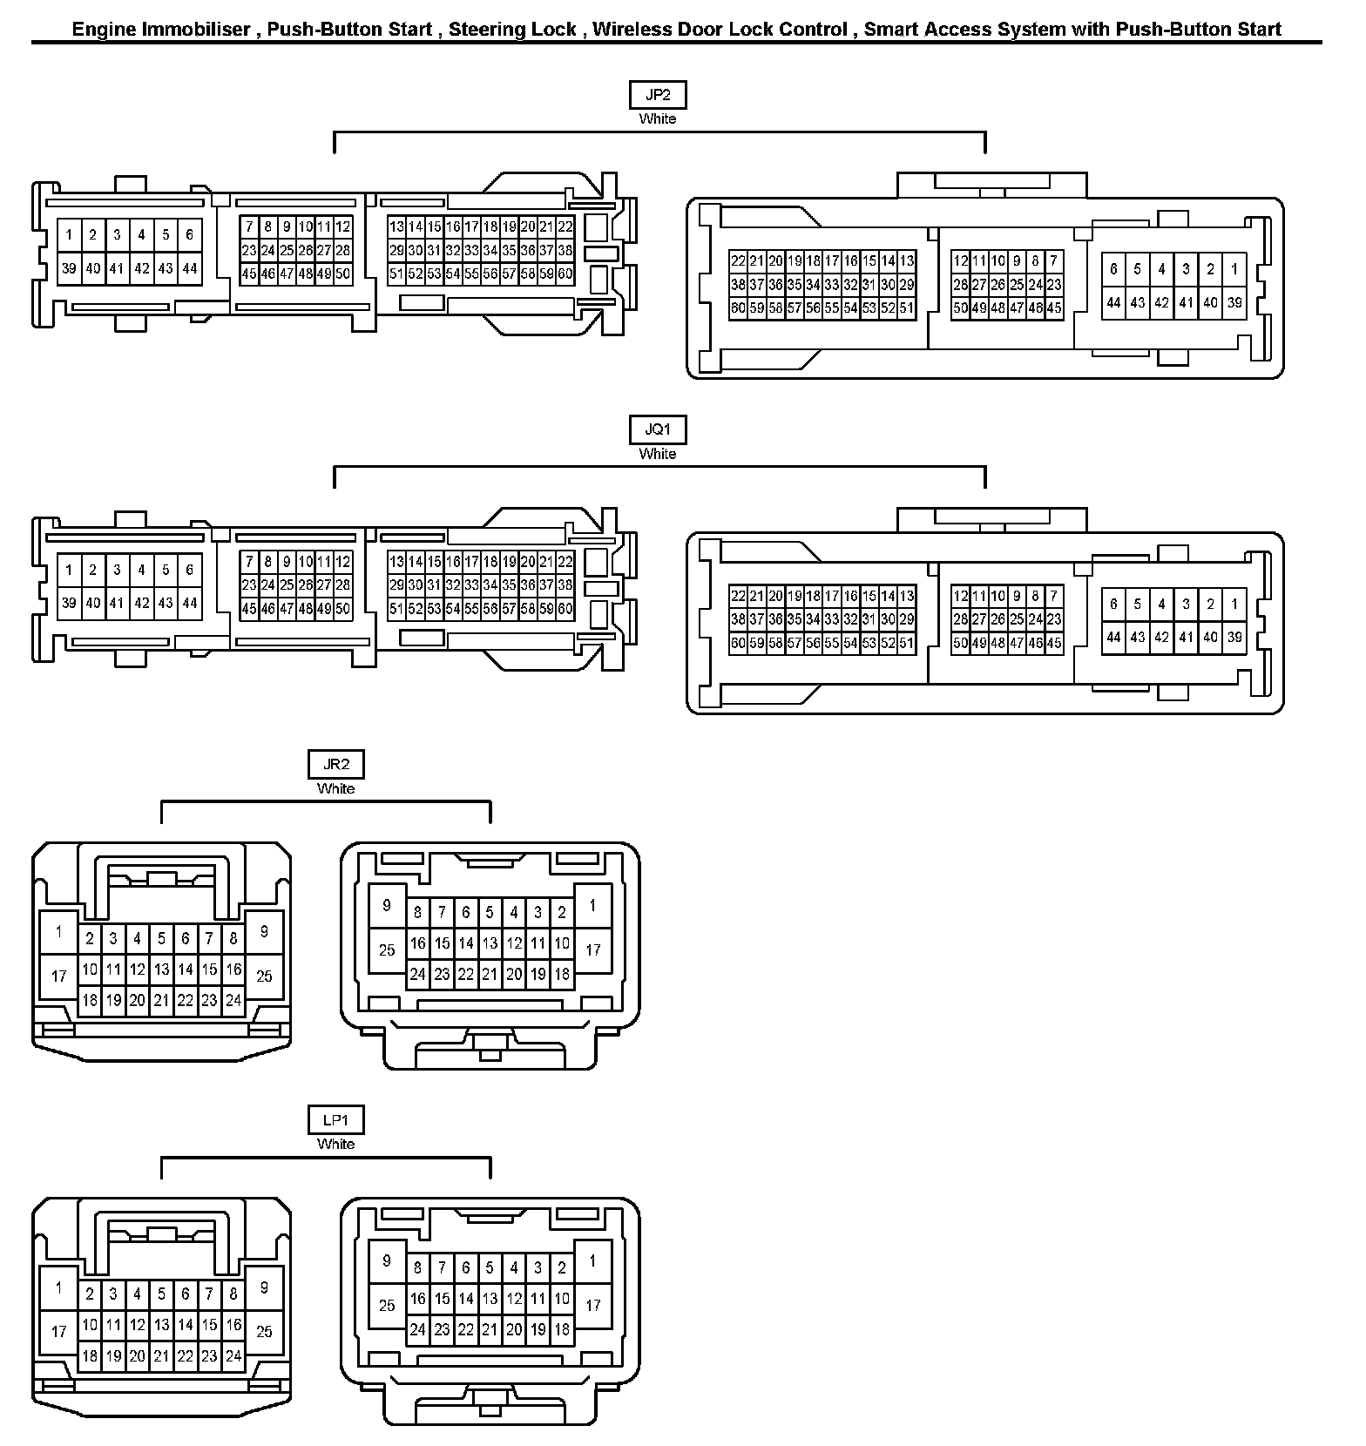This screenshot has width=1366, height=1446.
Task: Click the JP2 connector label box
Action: [658, 95]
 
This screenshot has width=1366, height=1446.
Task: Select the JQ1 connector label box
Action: [658, 430]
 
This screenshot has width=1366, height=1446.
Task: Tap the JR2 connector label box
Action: [336, 765]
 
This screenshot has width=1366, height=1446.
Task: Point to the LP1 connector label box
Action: [336, 1120]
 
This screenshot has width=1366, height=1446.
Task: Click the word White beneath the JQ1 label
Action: [658, 454]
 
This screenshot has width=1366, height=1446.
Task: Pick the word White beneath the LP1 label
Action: [336, 1144]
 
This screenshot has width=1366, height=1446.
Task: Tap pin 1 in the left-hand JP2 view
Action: [69, 234]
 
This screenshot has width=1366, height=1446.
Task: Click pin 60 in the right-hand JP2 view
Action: [738, 307]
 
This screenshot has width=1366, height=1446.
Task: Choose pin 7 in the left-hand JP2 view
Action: [249, 226]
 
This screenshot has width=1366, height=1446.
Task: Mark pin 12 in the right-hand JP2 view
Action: [960, 260]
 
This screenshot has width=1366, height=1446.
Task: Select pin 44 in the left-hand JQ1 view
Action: [190, 603]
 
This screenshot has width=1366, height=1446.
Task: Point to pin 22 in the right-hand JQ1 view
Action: [738, 596]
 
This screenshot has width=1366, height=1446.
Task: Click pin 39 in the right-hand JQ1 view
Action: [1234, 637]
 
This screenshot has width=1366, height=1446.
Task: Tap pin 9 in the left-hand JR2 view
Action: [264, 932]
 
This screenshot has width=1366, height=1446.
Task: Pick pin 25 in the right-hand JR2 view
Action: [387, 949]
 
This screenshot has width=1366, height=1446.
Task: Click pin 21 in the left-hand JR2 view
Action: [161, 1001]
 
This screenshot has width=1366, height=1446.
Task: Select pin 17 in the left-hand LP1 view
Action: [58, 1331]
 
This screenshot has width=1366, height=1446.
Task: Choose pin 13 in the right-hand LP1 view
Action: [490, 1299]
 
